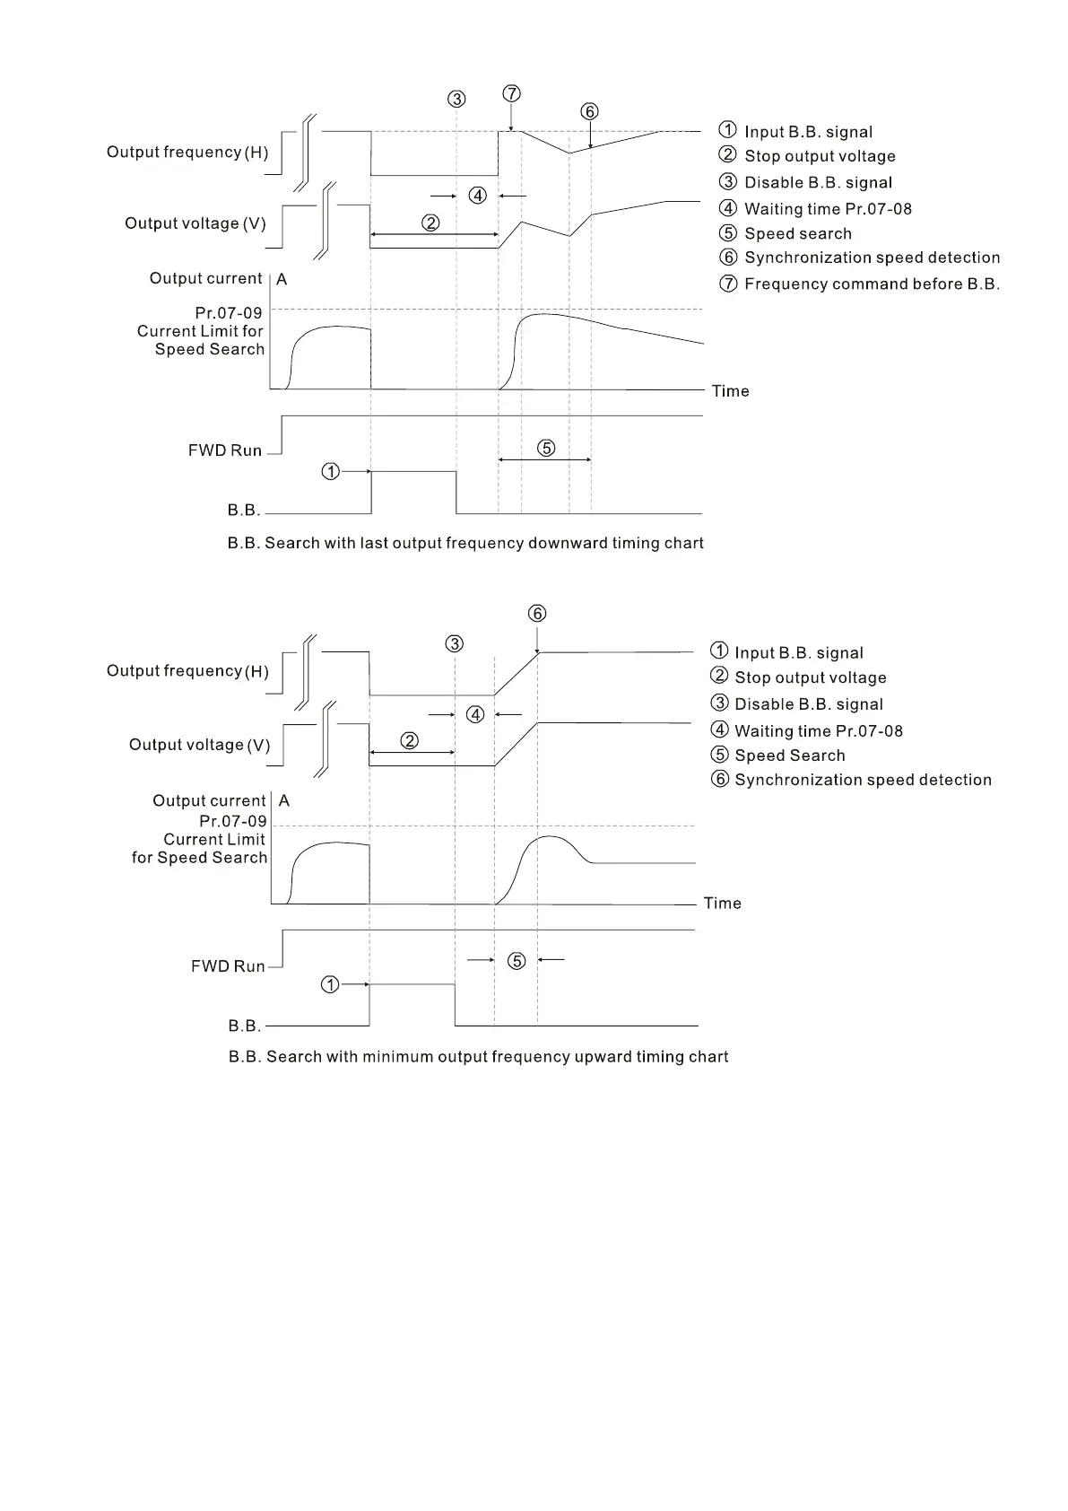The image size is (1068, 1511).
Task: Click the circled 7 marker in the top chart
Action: [x=511, y=93]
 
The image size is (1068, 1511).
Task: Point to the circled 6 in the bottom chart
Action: [x=536, y=613]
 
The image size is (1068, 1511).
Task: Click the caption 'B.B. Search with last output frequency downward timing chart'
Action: [x=465, y=543]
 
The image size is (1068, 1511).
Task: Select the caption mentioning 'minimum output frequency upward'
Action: [x=478, y=1056]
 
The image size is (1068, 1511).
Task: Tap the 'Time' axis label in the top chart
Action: [x=730, y=390]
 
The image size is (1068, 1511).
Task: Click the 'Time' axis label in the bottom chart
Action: [x=722, y=903]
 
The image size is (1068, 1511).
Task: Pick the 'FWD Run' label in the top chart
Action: [x=224, y=450]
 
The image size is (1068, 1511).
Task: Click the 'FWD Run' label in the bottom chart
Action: [x=228, y=966]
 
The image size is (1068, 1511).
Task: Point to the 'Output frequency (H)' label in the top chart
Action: [x=187, y=152]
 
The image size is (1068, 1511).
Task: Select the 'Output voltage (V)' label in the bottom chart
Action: [x=199, y=745]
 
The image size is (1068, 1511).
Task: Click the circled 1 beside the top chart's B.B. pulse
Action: [x=331, y=471]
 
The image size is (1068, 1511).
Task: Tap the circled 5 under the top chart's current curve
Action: [x=546, y=448]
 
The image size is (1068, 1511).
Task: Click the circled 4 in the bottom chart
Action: [x=475, y=714]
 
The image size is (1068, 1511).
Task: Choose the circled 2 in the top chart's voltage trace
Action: [x=430, y=223]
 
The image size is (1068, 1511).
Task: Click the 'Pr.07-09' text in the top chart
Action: [x=229, y=313]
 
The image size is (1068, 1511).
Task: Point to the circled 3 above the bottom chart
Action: [x=455, y=643]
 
